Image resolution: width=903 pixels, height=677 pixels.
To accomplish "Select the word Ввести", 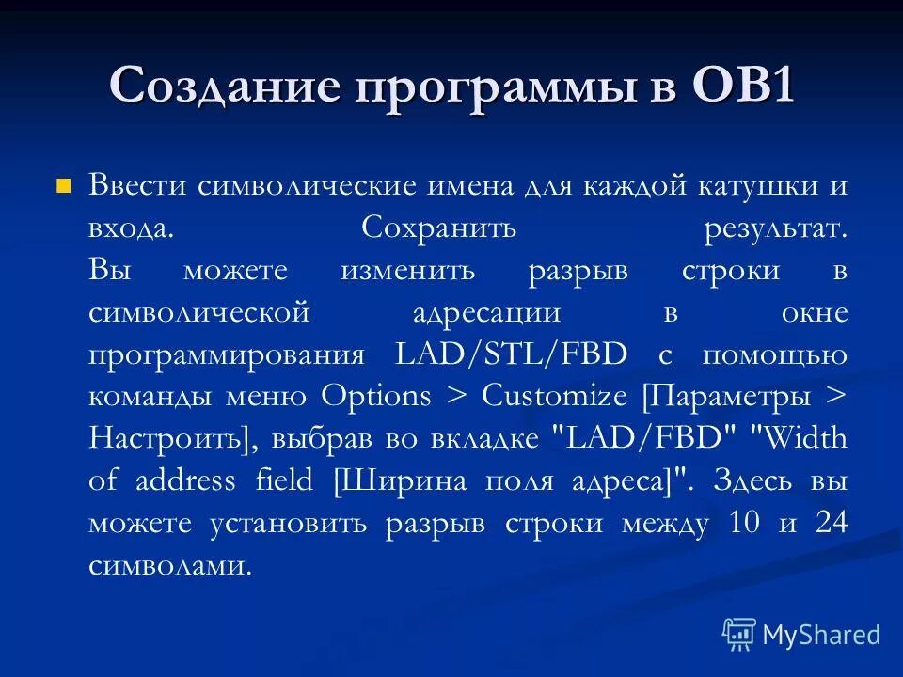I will tap(137, 184).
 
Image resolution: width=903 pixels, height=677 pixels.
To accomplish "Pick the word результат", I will tap(774, 228).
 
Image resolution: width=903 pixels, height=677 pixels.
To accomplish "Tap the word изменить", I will tap(408, 271).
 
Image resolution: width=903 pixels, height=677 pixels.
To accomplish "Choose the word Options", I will tap(376, 397).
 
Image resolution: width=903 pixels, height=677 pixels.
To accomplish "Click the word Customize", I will tap(554, 397).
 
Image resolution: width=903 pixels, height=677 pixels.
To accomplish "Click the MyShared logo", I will tap(801, 635).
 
